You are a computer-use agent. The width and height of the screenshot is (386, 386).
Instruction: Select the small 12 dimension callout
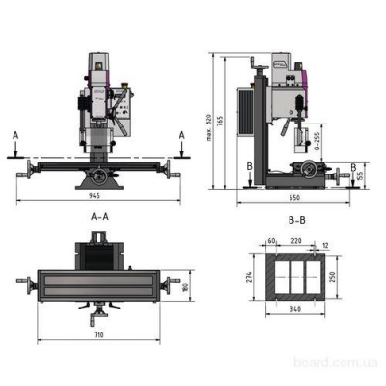[325, 245]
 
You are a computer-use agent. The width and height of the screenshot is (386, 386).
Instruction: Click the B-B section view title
[297, 220]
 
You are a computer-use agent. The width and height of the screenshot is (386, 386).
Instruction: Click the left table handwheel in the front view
[24, 171]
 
